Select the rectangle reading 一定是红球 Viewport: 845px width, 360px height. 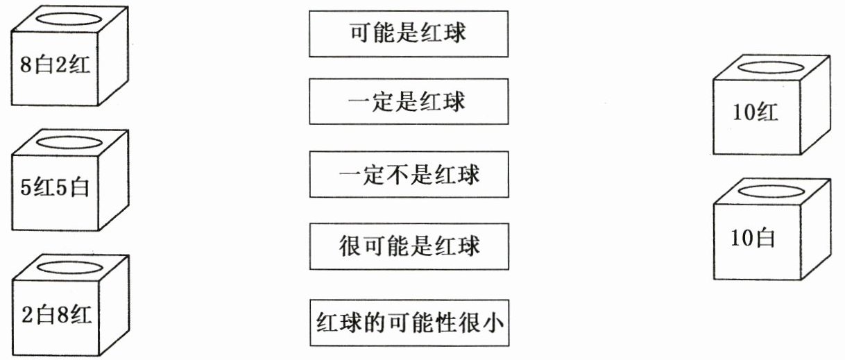pos(409,102)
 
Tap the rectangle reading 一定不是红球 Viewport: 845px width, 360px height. pos(409,174)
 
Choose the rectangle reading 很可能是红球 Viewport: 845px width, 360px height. pos(409,246)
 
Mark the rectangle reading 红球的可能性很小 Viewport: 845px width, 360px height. pos(409,323)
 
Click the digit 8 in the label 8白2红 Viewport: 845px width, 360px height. pos(26,67)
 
